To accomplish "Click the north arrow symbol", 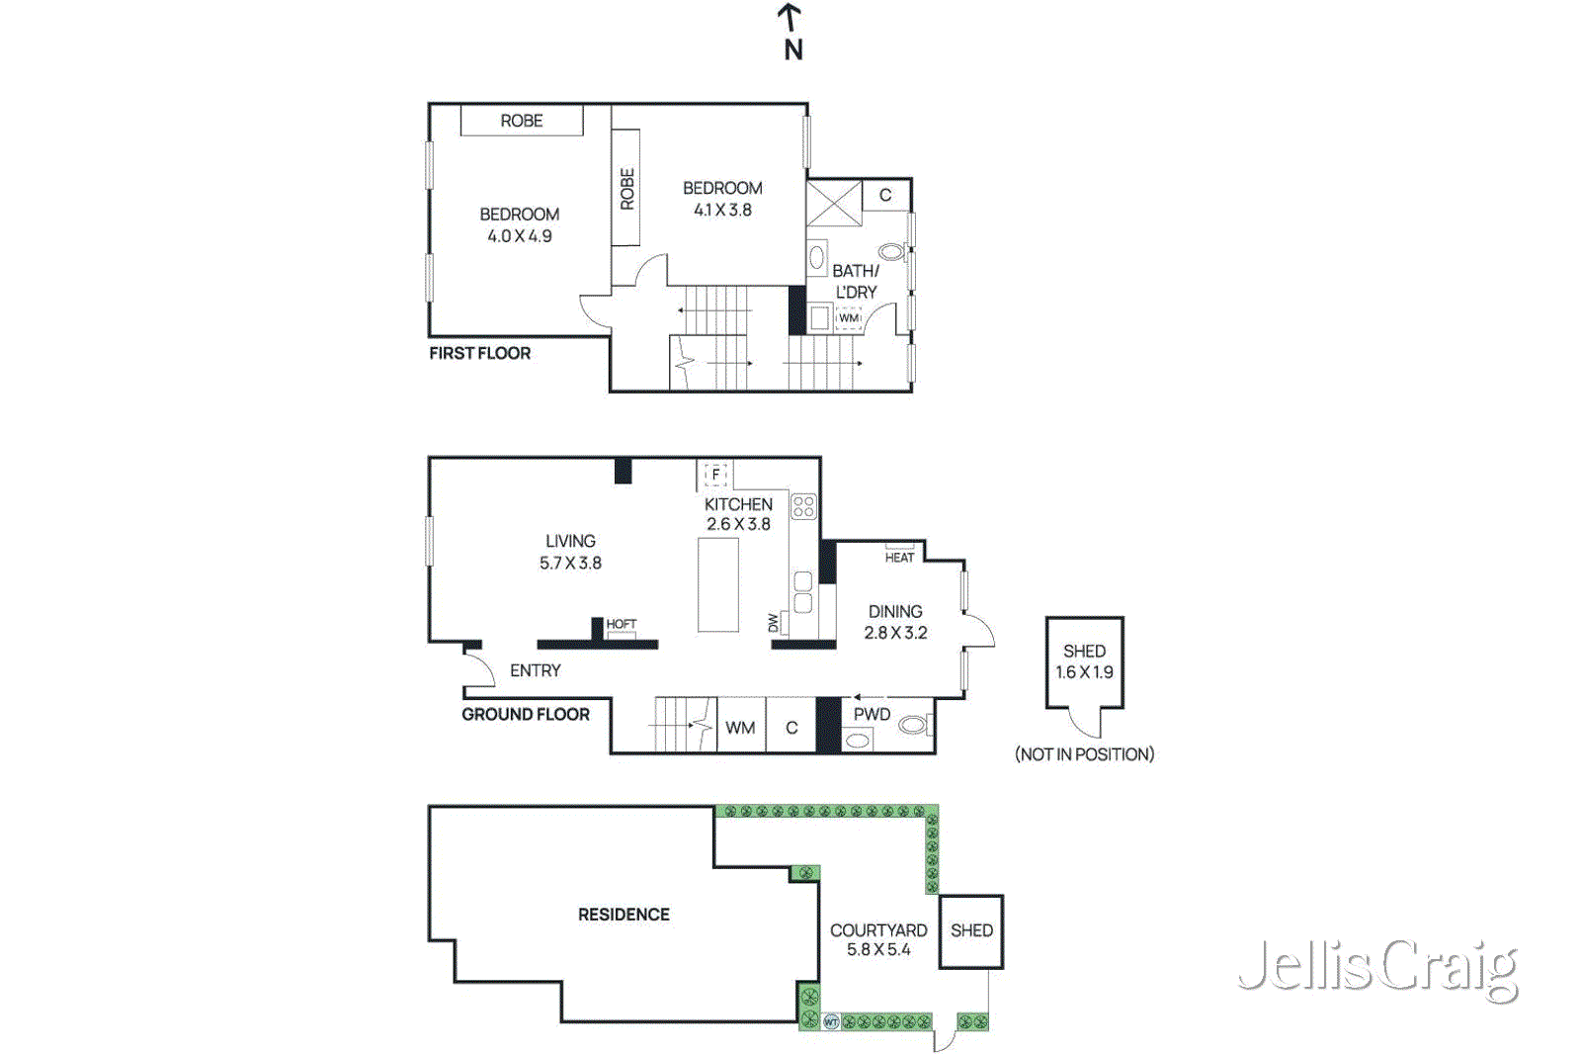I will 790,30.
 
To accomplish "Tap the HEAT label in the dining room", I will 899,558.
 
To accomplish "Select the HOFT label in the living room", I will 621,624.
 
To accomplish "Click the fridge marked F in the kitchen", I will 715,475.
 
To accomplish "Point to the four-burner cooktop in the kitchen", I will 803,507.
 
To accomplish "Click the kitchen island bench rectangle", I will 718,584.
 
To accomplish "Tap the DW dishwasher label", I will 774,623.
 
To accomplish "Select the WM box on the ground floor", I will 740,728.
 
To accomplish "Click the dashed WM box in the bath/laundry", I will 849,318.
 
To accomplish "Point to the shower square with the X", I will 834,204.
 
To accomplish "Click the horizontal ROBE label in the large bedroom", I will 522,121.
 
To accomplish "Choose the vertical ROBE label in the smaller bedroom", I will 626,189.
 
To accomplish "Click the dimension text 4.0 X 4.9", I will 520,236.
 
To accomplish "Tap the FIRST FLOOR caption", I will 480,353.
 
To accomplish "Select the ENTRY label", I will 536,670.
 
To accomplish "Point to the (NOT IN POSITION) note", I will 1084,754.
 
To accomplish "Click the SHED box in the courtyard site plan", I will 971,931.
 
